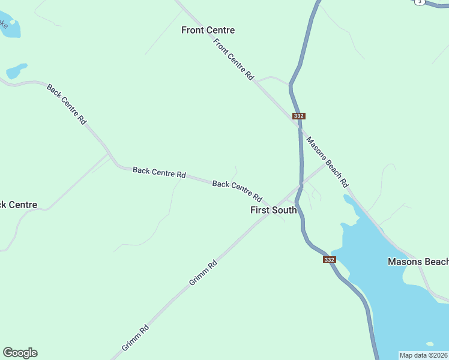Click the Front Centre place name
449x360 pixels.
(208, 30)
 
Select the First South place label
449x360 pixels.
(273, 210)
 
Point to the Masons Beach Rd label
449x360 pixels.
(327, 161)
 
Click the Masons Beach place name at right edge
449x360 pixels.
(418, 262)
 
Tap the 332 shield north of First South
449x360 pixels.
(299, 116)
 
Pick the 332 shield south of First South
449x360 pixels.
(329, 259)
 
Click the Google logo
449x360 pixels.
(20, 353)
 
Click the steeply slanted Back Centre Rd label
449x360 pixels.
(67, 104)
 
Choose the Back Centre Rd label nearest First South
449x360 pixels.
(238, 191)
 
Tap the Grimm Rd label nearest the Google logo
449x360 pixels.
(135, 338)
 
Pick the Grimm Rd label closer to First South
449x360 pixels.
(203, 272)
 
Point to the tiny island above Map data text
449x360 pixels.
(429, 344)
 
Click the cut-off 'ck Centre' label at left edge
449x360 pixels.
(19, 205)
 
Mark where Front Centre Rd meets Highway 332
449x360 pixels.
(298, 124)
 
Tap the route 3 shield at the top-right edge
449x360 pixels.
(420, 2)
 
